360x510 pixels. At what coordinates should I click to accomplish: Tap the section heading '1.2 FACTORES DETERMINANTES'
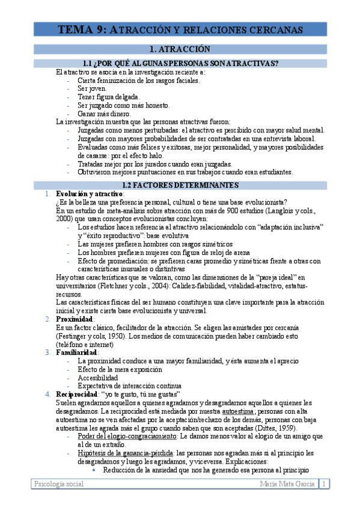pyautogui.click(x=180, y=185)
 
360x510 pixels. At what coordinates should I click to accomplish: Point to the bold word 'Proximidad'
pyautogui.click(x=74, y=319)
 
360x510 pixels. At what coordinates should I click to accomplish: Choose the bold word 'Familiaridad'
pyautogui.click(x=78, y=352)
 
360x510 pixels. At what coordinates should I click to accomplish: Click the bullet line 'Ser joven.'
pyautogui.click(x=92, y=88)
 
